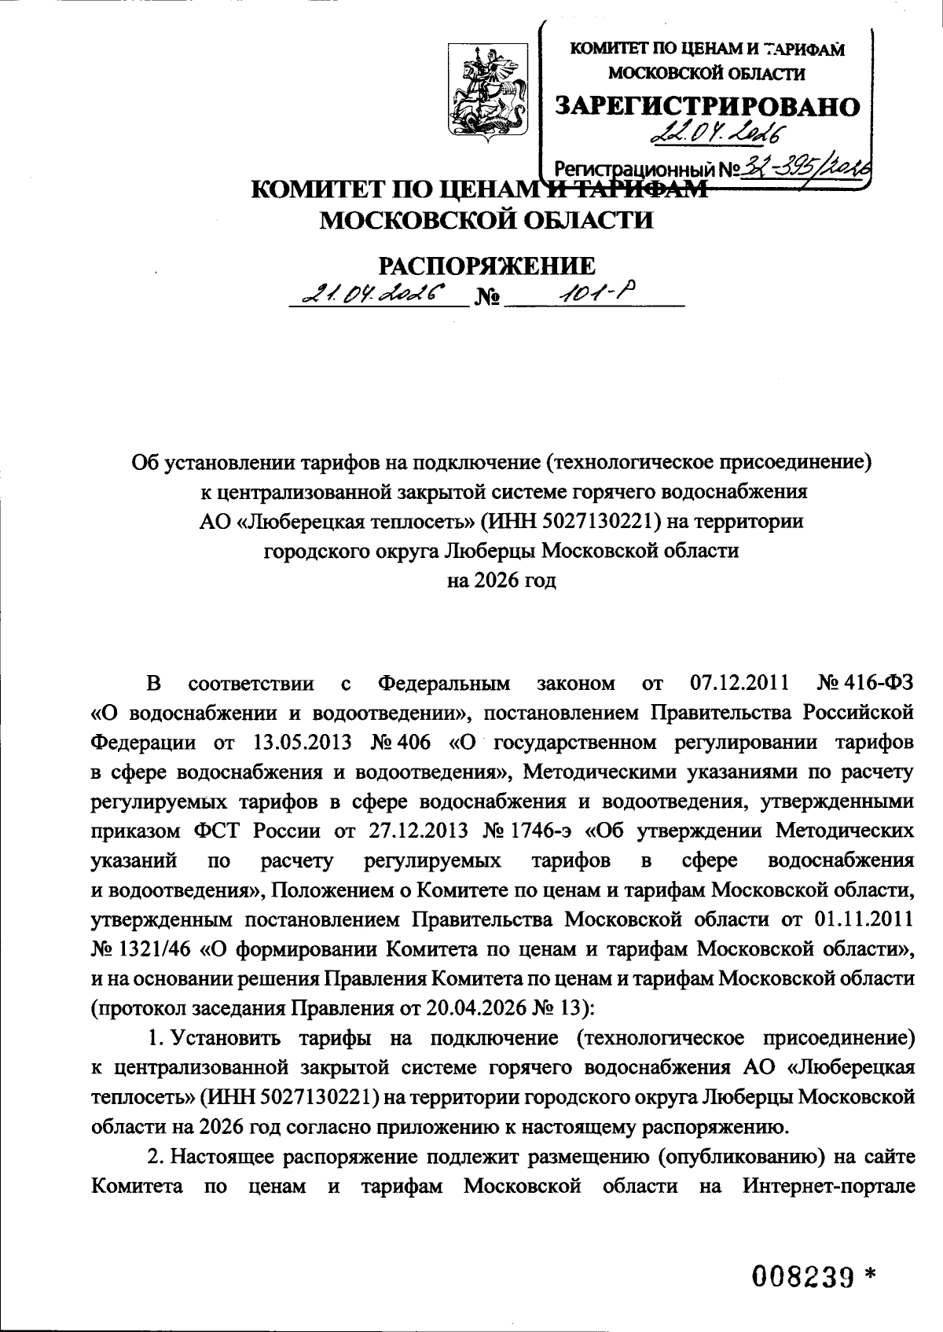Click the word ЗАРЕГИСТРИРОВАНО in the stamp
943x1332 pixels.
(x=707, y=106)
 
